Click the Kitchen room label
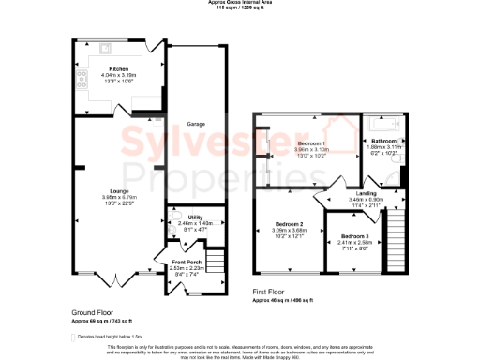coord(118,68)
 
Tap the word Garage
coord(196,123)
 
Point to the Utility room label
coord(195,217)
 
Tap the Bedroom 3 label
coord(354,235)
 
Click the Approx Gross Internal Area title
coord(239,3)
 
